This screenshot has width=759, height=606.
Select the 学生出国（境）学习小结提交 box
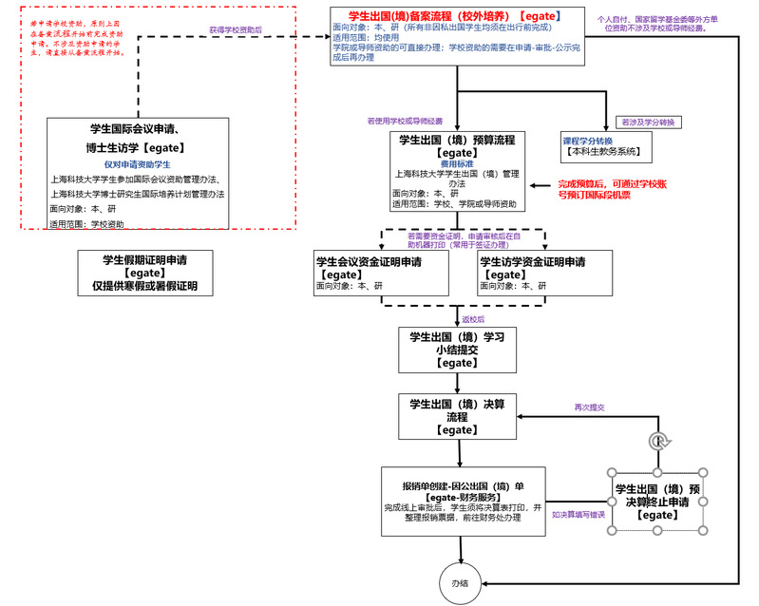tap(456, 349)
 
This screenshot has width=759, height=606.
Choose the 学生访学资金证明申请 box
tap(543, 273)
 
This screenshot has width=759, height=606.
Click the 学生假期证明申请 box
tap(144, 272)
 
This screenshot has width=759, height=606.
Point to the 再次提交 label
tap(589, 407)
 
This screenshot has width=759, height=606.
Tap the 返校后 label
tap(472, 320)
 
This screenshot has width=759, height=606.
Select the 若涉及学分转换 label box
tap(647, 123)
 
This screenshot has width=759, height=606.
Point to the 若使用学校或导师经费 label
tap(406, 121)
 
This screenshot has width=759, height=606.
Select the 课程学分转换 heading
tap(587, 141)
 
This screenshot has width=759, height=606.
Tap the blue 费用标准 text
tap(456, 163)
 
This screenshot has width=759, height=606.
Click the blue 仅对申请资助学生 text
tap(138, 164)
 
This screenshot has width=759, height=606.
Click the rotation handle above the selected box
tap(656, 441)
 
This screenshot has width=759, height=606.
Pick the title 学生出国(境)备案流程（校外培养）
tap(445, 16)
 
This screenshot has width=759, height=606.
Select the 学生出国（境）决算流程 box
tap(456, 416)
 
